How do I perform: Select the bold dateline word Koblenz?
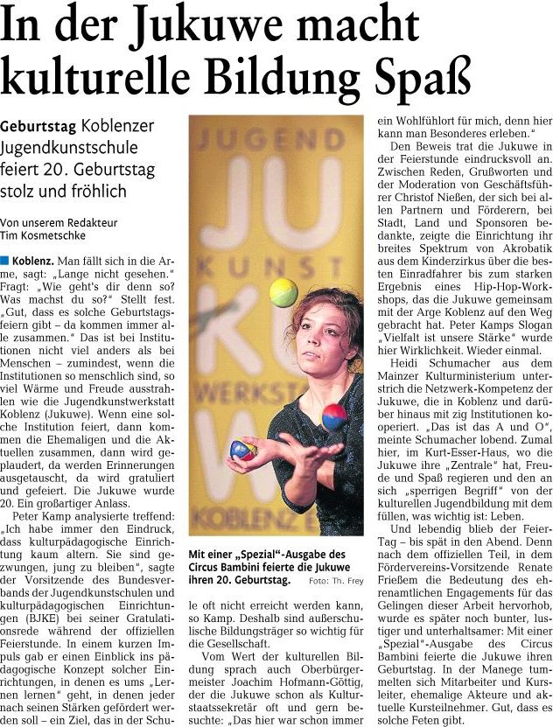33,261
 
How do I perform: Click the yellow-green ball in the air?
283,292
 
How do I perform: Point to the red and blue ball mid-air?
334,416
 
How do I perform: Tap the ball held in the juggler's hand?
242,450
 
